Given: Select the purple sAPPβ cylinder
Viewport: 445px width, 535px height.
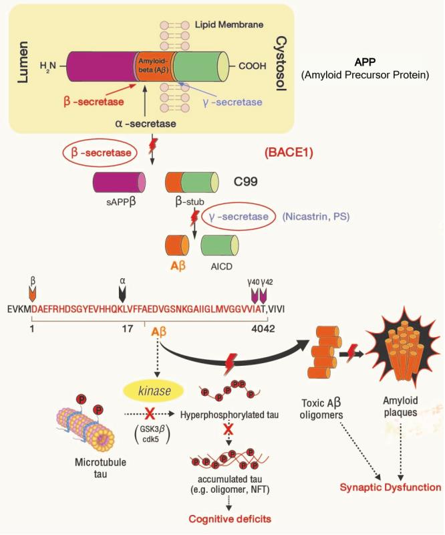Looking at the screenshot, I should (119, 181).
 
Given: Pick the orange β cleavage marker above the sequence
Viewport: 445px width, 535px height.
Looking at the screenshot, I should (33, 292).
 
